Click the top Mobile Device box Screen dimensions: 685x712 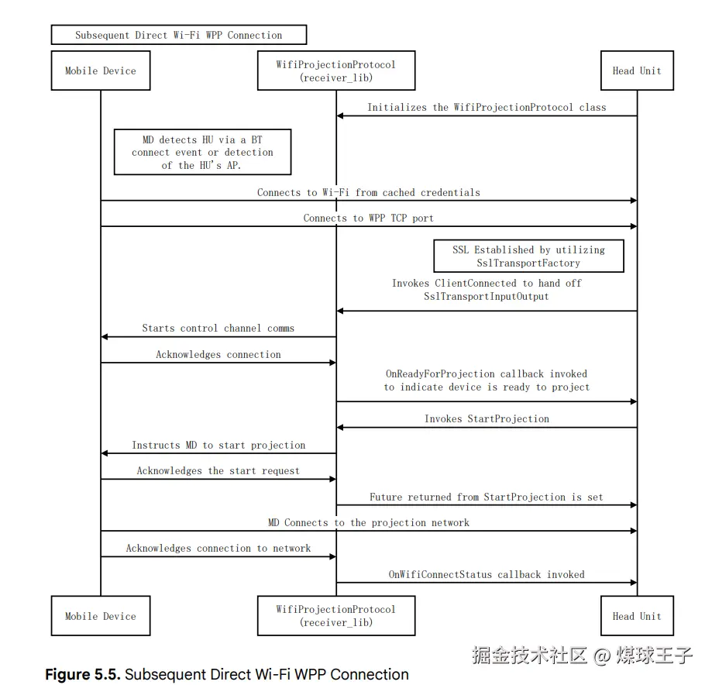tap(101, 71)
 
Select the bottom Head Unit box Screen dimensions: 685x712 tap(637, 616)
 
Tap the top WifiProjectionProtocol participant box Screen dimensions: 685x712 tap(335, 71)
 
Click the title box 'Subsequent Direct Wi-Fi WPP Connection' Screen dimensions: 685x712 tap(179, 35)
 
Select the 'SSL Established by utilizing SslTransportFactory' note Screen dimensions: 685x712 tap(528, 256)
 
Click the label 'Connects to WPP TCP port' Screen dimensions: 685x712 tap(368, 219)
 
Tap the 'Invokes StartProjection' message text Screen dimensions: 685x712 tap(487, 419)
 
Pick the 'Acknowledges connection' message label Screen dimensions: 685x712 tap(218, 355)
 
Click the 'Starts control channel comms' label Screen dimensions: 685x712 tap(218, 329)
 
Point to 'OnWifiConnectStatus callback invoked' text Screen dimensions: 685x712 tap(487, 575)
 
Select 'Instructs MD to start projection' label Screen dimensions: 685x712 tap(218, 446)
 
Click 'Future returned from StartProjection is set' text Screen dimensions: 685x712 tap(487, 497)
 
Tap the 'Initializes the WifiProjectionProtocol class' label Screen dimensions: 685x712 tap(487, 108)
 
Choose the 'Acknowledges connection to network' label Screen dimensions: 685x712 tap(218, 549)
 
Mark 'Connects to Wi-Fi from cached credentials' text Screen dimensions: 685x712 tap(368, 192)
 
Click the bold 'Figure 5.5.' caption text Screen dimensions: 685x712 tap(82, 675)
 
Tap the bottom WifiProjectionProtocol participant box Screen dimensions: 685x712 tap(335, 616)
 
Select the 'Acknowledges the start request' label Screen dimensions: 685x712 tap(218, 471)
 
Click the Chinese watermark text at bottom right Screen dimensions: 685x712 tap(582, 656)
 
